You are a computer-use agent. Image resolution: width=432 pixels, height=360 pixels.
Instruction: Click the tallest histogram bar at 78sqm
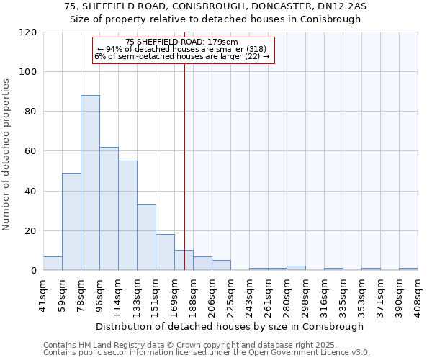pyautogui.click(x=90, y=183)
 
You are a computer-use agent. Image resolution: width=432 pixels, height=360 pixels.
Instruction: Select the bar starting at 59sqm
pyautogui.click(x=71, y=222)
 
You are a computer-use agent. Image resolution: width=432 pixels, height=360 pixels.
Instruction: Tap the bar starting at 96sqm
pyautogui.click(x=109, y=209)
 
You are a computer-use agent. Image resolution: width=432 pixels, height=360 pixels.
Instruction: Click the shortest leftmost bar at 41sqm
pyautogui.click(x=53, y=264)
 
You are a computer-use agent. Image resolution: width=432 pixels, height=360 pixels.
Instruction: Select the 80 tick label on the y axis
pyautogui.click(x=30, y=112)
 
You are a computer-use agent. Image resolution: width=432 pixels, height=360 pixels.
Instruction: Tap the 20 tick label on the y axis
pyautogui.click(x=30, y=231)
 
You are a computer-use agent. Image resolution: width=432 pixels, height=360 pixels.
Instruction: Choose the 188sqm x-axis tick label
pyautogui.click(x=193, y=294)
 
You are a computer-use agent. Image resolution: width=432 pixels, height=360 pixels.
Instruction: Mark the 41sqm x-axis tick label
pyautogui.click(x=43, y=292)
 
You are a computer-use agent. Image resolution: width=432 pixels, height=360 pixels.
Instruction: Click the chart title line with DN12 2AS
pyautogui.click(x=215, y=6)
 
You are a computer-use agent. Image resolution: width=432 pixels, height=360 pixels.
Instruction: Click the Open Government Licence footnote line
pyautogui.click(x=207, y=353)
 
